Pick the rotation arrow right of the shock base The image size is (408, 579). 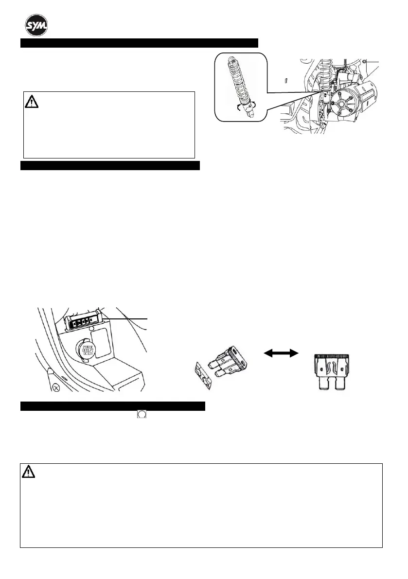pyautogui.click(x=253, y=105)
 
